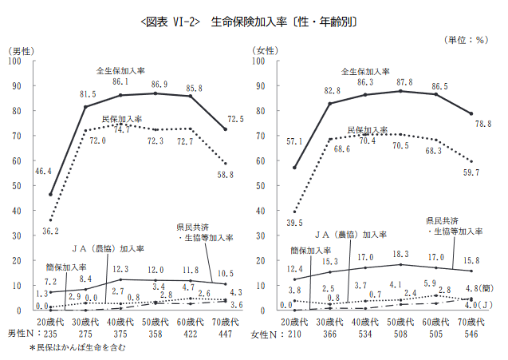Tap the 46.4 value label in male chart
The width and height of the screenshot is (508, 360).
point(43,171)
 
